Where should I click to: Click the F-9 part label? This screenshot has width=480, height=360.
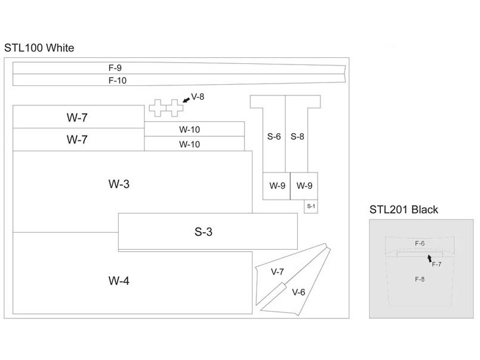115,68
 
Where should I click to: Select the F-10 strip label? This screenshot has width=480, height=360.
117,80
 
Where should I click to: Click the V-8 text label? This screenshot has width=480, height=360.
198,96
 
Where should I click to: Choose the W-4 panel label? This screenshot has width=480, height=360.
119,280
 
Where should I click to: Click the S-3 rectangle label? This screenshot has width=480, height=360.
204,232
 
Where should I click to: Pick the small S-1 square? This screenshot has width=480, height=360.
310,206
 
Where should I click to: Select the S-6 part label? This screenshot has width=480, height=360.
274,137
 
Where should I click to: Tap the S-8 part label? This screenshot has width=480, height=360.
297,137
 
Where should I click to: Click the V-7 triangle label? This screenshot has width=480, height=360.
277,272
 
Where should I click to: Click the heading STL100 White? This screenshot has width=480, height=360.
39,48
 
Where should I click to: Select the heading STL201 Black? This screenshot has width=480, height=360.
404,210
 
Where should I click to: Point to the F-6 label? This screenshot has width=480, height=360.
420,243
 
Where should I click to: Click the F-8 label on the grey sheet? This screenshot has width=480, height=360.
420,279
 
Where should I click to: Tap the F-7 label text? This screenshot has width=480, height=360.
436,264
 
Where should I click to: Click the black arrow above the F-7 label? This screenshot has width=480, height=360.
429,257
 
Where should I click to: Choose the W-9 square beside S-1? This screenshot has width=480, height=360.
304,186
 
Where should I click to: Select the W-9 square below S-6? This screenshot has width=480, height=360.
276,186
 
